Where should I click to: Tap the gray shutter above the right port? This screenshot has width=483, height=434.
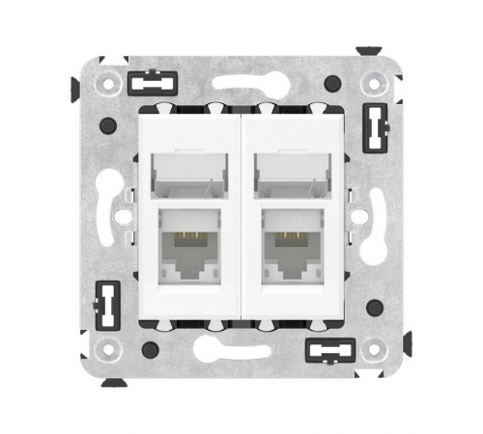291,173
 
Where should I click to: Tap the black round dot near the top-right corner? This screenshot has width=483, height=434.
333,83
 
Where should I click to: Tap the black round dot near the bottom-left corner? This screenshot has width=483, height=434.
150,348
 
